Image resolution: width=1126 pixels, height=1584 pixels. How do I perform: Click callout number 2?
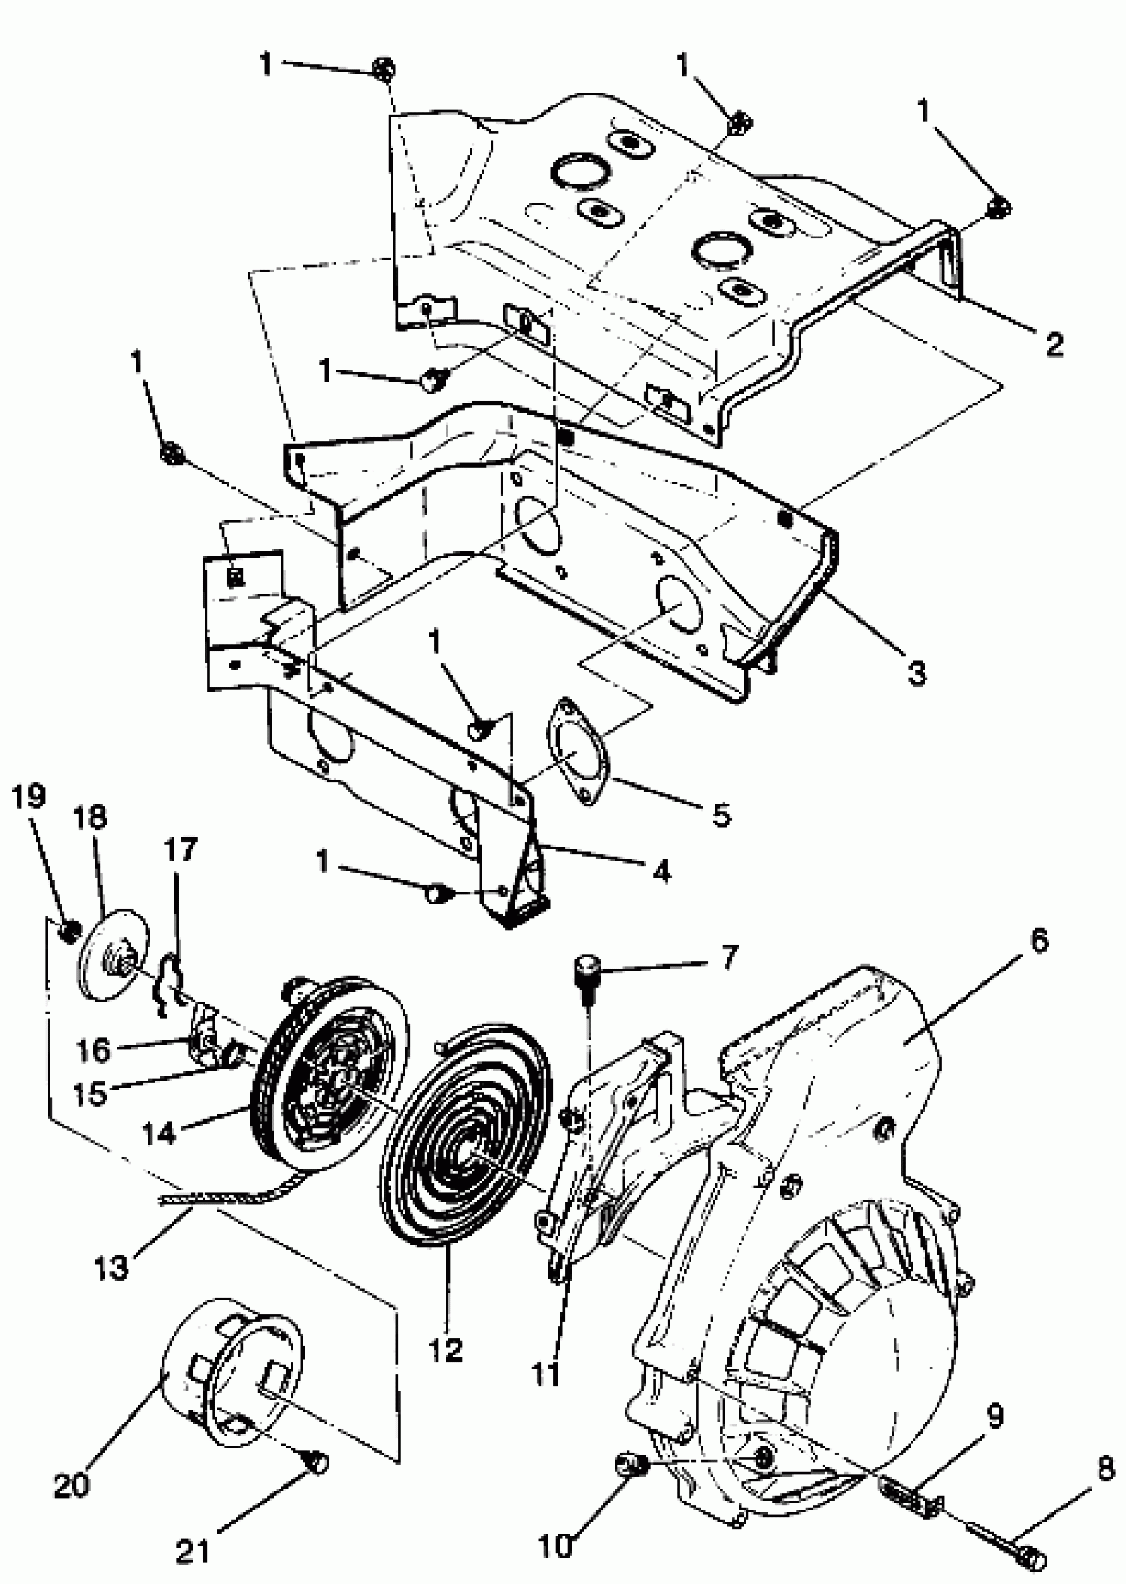(1053, 343)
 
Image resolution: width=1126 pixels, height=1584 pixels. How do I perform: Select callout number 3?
(916, 671)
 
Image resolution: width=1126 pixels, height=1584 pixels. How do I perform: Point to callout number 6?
(1038, 942)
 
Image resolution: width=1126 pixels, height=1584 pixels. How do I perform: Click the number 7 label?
(729, 958)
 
